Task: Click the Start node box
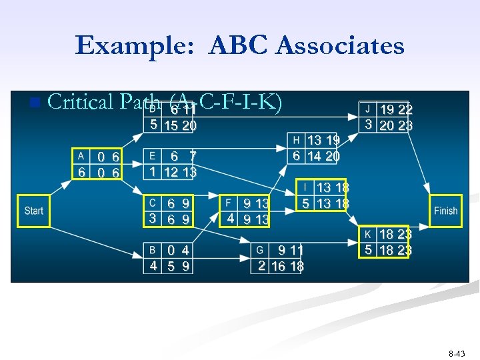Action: tap(33, 211)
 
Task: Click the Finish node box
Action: tap(445, 211)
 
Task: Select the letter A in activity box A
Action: tap(81, 156)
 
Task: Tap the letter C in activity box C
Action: tap(153, 203)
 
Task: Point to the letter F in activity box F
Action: tap(228, 203)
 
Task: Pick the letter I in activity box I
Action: tap(305, 187)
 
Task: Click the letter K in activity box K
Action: tap(367, 234)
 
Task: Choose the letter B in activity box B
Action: tap(153, 250)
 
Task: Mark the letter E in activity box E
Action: tap(153, 156)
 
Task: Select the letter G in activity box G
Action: tap(261, 250)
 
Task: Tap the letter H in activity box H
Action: tap(296, 140)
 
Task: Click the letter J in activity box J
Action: tap(367, 109)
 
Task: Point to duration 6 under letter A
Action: tap(81, 172)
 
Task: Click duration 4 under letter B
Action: tap(153, 265)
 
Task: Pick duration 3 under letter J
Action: tap(367, 125)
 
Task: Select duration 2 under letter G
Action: tap(261, 265)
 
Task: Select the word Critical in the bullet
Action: tap(81, 102)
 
